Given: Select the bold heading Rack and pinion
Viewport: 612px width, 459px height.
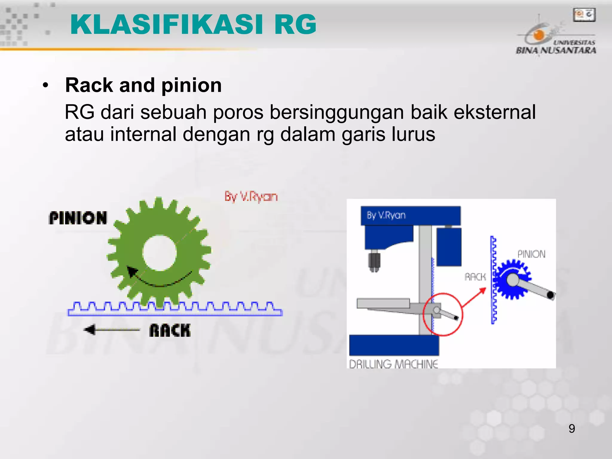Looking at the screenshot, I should click(x=143, y=85).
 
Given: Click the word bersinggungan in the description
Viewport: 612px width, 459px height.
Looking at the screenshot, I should click(x=337, y=112).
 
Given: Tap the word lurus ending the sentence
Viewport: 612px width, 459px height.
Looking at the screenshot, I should click(x=413, y=134).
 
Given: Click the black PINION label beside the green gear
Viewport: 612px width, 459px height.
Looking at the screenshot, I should click(x=78, y=218).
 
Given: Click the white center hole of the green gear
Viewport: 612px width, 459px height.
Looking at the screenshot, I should click(x=159, y=253).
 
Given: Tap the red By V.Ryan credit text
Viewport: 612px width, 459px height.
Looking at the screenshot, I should click(x=251, y=197).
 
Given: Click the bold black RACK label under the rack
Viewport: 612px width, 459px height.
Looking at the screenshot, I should click(x=170, y=331).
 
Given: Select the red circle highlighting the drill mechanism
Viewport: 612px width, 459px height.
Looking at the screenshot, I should click(x=443, y=314).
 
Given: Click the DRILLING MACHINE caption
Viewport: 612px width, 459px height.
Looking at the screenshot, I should click(x=393, y=364).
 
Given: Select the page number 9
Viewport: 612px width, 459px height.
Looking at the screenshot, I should click(x=571, y=429).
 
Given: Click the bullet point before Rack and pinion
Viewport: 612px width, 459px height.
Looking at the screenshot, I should click(x=45, y=85).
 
